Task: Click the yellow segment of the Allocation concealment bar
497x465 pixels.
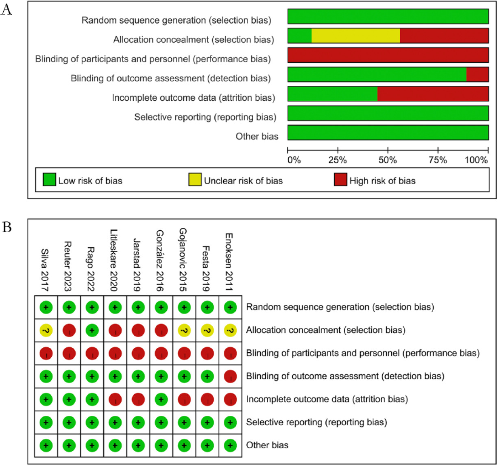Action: (x=355, y=36)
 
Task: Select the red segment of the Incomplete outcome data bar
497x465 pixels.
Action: (x=433, y=94)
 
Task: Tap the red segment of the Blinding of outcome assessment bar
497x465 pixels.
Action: (x=477, y=74)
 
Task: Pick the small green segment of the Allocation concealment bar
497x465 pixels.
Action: (x=299, y=36)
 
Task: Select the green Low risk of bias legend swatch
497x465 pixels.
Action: (x=49, y=179)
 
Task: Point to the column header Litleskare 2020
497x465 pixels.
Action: (x=114, y=260)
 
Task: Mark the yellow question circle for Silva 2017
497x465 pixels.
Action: (x=46, y=330)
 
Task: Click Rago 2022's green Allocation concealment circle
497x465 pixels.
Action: (x=92, y=330)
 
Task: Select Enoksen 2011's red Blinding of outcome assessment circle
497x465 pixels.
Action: (x=231, y=376)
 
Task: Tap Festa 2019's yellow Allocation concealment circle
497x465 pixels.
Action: (x=207, y=330)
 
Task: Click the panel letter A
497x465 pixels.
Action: (x=7, y=10)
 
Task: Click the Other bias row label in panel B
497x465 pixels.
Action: (x=267, y=445)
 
